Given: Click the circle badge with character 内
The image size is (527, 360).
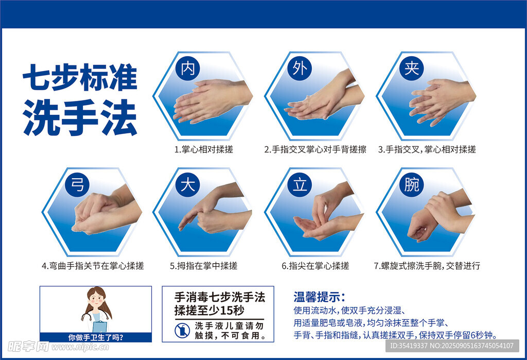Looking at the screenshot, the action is tap(188, 68).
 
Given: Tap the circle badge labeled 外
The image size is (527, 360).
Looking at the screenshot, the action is tap(300, 68).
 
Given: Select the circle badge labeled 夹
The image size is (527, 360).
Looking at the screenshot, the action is tap(412, 68).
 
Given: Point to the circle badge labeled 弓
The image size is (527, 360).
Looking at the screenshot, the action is tap(77, 185).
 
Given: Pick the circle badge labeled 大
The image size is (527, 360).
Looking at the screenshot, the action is tap(188, 185).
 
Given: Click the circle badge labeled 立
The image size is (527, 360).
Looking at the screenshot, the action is tap(300, 185).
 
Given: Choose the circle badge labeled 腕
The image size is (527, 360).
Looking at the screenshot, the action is tap(412, 185).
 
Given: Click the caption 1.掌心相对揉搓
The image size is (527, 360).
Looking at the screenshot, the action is tap(204, 149).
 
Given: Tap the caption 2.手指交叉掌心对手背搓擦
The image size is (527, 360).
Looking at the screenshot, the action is tap(315, 149).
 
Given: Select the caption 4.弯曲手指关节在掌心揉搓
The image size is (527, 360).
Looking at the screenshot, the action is tap(93, 266).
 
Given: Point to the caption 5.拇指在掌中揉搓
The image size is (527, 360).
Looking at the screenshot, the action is tap(204, 266).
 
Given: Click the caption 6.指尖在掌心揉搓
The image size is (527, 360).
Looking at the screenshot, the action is tap(315, 266).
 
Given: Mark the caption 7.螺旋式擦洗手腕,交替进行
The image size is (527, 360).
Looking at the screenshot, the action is tap(427, 266).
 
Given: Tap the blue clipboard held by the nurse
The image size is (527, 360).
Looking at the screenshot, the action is tap(100, 327).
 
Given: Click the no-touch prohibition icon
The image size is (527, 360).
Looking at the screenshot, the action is tap(183, 331).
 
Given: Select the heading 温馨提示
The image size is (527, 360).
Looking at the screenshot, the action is tap(319, 297).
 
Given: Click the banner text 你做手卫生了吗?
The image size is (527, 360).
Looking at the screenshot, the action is tap(96, 337).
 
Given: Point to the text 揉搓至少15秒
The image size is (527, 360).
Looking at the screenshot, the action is tap(209, 310).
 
